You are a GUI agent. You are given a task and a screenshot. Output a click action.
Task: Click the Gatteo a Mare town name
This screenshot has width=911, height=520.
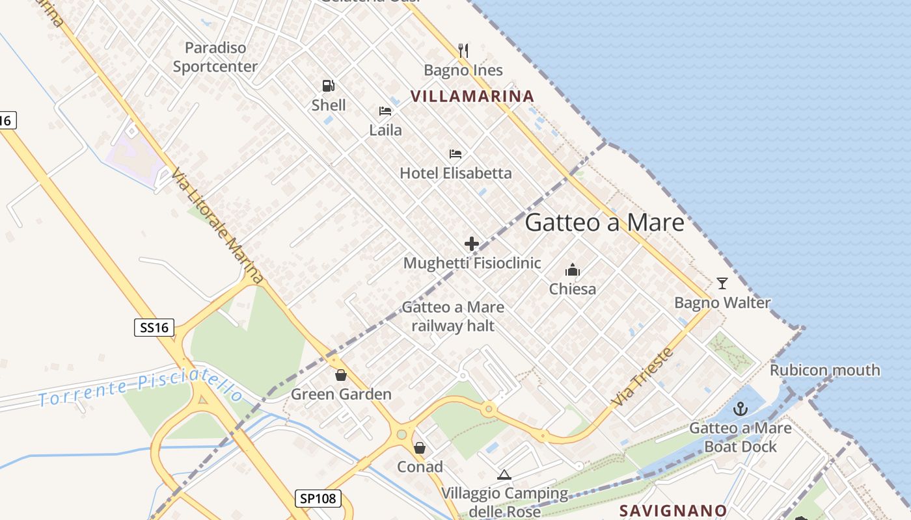605,222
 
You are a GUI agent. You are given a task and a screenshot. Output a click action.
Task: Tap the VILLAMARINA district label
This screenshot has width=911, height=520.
472,96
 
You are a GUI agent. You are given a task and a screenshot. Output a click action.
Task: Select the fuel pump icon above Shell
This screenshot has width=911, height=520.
328,86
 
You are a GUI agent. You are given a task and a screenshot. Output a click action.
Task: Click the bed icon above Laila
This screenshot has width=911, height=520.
385,111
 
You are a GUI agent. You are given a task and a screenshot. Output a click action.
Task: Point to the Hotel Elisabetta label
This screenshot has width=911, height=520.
455,173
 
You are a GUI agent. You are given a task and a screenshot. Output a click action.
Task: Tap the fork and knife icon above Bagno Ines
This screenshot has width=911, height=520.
463,50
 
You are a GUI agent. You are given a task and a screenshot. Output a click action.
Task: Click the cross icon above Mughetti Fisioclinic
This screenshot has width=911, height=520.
472,244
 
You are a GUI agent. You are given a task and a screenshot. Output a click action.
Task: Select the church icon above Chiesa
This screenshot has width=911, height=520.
573,269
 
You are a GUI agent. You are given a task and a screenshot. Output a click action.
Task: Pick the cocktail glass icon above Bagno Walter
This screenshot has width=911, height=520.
722,283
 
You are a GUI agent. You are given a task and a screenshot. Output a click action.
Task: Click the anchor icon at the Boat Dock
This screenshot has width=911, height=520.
740,409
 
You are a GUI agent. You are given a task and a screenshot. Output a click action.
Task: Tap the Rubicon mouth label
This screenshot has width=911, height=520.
824,370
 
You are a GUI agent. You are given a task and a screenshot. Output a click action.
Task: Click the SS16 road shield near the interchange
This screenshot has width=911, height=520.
154,328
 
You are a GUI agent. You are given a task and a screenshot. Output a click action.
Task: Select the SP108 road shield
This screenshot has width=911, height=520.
318,499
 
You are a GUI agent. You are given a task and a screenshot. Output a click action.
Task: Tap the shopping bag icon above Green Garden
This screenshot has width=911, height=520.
340,375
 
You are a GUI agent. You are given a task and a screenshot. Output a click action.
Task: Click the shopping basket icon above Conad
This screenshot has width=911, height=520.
420,448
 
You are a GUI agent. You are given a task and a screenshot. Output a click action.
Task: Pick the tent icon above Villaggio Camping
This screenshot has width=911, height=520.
504,475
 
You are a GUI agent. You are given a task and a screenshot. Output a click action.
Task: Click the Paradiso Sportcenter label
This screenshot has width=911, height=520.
215,57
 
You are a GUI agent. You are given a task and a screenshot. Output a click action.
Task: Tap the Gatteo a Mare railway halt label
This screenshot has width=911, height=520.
453,316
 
